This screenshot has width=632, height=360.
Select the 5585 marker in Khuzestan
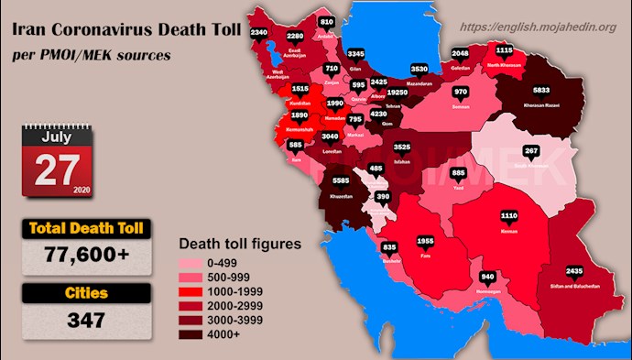[341, 180]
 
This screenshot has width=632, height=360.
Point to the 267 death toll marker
[530, 150]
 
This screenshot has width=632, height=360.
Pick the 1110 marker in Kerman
[509, 216]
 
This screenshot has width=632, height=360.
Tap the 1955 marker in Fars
[426, 241]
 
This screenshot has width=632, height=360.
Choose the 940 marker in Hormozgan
[488, 276]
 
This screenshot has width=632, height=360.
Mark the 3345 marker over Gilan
[357, 54]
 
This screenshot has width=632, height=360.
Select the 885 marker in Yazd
[459, 173]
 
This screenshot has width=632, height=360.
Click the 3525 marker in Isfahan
[402, 146]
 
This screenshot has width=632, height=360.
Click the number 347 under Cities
[86, 321]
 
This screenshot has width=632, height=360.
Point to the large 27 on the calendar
[58, 170]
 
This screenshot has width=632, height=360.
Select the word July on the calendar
[57, 137]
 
